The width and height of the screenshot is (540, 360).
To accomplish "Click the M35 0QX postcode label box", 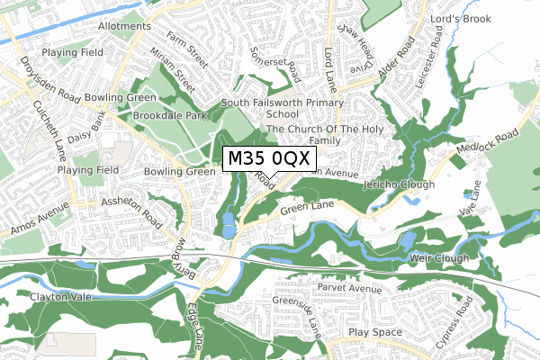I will [x=269, y=159].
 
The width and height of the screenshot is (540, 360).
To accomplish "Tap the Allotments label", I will [x=124, y=28].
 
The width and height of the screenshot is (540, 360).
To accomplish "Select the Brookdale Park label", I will [x=166, y=117].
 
